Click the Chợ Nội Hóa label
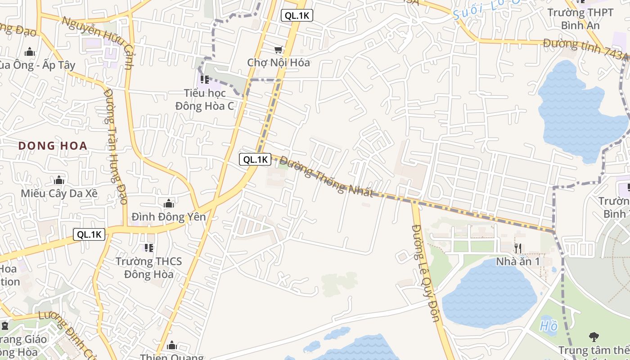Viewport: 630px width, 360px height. click(279, 63)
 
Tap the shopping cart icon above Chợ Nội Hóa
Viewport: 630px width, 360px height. click(279, 49)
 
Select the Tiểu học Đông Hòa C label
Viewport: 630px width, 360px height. click(205, 99)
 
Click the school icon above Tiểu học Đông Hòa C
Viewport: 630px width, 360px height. click(205, 80)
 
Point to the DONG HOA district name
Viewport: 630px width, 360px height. click(53, 146)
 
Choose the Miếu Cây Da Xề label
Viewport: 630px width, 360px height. click(59, 193)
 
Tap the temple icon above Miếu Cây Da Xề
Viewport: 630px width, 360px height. click(59, 180)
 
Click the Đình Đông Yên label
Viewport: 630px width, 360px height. click(169, 217)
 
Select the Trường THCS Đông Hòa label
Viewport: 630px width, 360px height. click(149, 268)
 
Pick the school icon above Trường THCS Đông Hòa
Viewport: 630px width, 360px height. click(149, 247)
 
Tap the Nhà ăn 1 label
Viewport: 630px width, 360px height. click(517, 261)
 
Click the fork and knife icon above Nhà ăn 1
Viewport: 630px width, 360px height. click(518, 248)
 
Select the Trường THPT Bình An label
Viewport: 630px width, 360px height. click(580, 19)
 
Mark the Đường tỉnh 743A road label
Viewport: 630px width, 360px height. click(585, 49)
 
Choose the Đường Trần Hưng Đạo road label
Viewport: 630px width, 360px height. click(116, 146)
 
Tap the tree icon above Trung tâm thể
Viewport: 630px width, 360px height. click(594, 336)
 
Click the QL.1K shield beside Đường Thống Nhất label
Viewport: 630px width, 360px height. click(255, 159)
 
